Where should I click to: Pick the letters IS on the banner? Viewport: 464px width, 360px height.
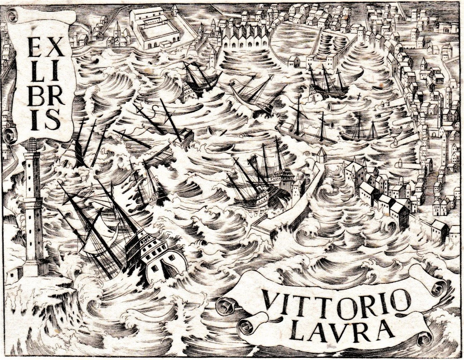click(46, 118)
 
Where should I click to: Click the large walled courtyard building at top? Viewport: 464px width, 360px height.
click(157, 28)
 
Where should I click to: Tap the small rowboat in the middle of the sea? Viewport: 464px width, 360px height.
click(213, 131)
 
